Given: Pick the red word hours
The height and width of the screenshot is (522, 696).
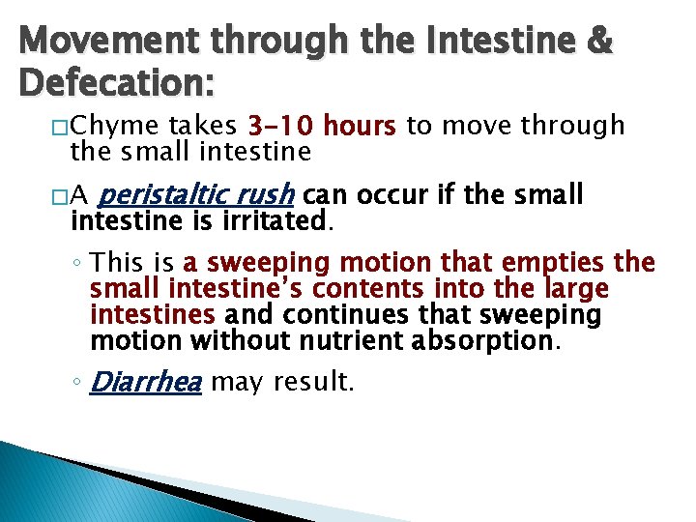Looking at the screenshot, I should [x=360, y=127].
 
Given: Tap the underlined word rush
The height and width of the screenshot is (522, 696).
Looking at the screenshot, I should [x=268, y=196].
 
